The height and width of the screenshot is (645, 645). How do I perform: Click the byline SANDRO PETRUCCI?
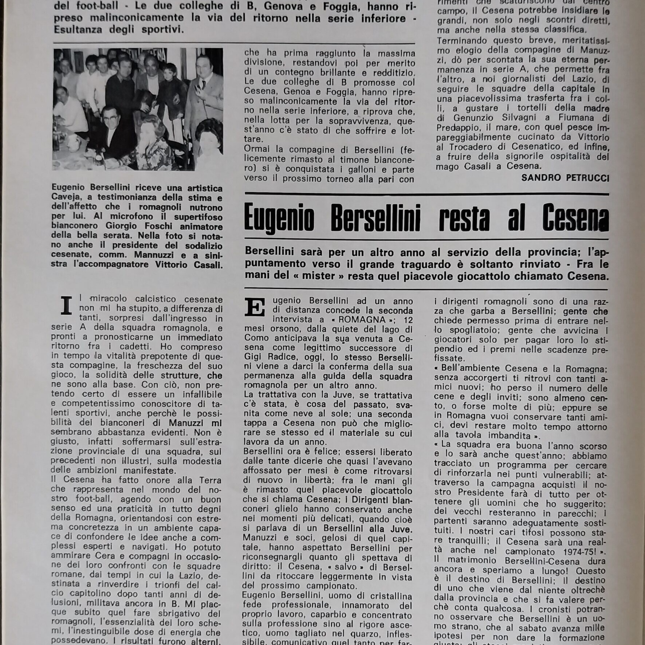565,178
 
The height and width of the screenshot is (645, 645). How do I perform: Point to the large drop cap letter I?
66,306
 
